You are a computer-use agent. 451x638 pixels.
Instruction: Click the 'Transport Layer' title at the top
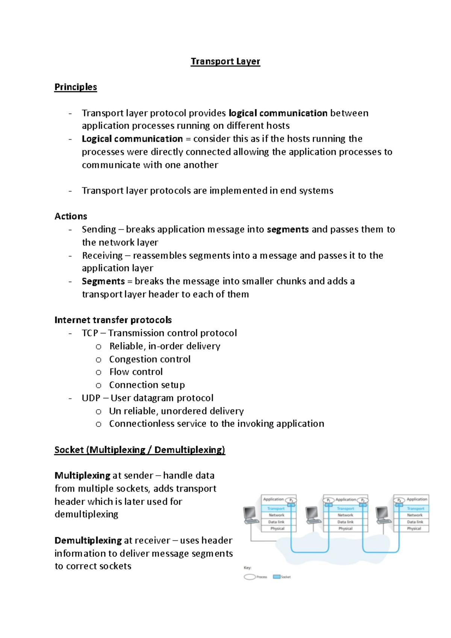pos(225,61)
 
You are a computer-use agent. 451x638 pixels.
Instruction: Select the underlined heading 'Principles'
pos(76,87)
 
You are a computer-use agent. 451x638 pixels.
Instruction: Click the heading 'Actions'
pos(71,216)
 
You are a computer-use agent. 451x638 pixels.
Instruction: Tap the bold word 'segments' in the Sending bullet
pos(288,230)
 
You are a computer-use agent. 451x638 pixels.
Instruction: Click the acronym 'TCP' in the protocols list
pos(90,333)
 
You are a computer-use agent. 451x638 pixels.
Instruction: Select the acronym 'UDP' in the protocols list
pos(91,398)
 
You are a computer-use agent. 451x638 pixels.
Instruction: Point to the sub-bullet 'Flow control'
pos(136,372)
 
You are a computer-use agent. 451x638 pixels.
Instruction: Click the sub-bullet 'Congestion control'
pos(150,359)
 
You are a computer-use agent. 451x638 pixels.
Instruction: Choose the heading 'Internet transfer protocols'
pos(113,320)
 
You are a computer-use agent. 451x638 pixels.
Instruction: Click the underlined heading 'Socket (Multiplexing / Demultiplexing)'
pos(139,450)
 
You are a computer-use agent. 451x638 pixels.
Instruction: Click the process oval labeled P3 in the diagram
pos(291,500)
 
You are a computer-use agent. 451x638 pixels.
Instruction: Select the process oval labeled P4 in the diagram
pos(399,500)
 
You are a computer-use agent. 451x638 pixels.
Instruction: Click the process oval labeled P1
pos(328,500)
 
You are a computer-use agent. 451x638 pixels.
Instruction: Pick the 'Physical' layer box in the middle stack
pos(345,529)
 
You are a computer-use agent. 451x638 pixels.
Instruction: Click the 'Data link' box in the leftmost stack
pos(277,522)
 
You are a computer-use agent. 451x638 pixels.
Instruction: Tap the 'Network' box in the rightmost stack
pos(415,515)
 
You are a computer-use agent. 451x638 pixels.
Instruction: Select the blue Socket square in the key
pos(277,577)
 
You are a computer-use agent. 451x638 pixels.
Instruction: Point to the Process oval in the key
pos(250,577)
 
